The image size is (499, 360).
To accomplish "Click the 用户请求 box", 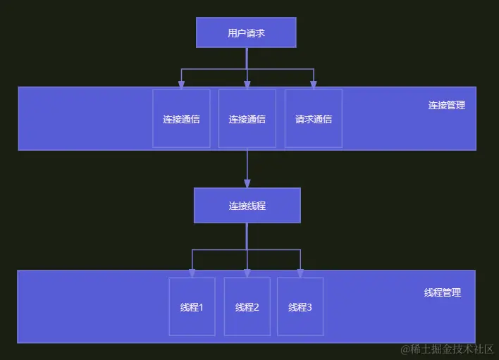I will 246,32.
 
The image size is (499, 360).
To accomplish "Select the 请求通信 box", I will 313,118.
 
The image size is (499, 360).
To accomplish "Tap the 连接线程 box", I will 247,206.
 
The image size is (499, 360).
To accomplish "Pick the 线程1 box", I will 192,306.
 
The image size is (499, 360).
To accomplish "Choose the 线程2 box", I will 247,306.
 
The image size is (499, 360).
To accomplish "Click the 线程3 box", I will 300,306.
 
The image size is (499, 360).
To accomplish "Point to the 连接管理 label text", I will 446,105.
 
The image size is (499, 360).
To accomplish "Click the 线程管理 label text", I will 443,292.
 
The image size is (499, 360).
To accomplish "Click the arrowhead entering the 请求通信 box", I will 313,85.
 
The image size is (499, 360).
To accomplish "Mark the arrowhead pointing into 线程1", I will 192,273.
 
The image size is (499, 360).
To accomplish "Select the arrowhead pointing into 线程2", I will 247,273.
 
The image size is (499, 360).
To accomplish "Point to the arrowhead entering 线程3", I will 300,273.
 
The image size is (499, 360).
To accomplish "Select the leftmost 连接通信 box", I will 181,118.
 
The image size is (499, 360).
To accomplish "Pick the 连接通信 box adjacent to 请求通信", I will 247,118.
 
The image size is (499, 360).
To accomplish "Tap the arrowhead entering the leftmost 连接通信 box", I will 181,85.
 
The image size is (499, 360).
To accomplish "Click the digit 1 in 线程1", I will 201,307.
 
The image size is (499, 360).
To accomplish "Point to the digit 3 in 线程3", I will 309,307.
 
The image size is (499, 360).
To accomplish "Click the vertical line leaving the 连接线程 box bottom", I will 247,236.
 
